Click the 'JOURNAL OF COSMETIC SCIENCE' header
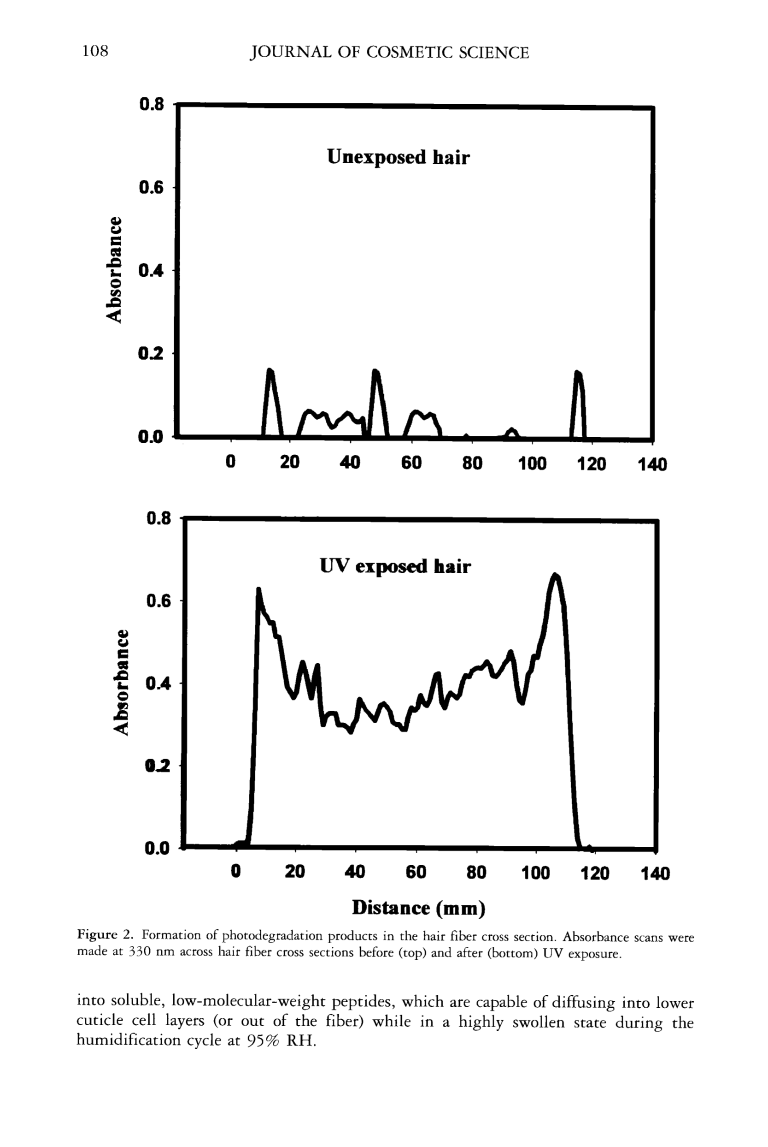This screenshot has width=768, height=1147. click(x=389, y=53)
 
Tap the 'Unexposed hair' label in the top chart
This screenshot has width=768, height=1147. click(x=398, y=157)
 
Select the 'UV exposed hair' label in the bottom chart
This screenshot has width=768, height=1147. click(x=395, y=566)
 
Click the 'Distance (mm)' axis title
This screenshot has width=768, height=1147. click(x=419, y=908)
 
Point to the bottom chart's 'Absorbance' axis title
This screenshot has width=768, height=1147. click(x=121, y=682)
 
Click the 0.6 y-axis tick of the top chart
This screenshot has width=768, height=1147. click(x=151, y=188)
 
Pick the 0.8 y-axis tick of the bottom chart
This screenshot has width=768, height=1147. click(x=158, y=518)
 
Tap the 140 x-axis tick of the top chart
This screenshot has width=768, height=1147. click(x=652, y=464)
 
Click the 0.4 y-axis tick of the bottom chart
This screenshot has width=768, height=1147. click(x=158, y=683)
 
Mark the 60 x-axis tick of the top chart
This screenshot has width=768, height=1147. click(x=411, y=463)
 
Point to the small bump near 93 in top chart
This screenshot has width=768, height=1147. click(x=511, y=430)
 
